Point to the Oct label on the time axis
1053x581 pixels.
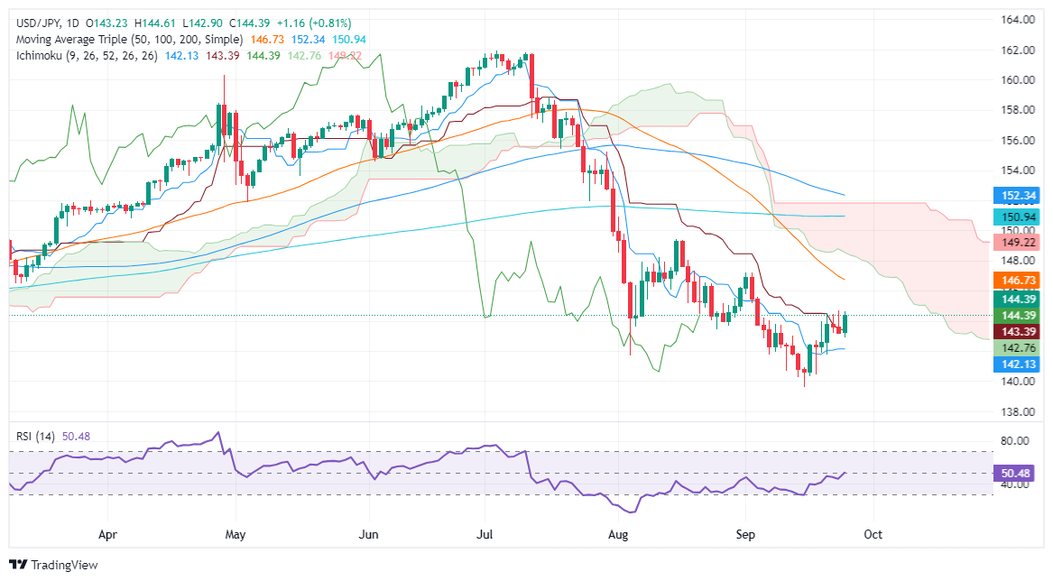point(873,534)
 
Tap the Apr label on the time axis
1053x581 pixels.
point(108,534)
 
